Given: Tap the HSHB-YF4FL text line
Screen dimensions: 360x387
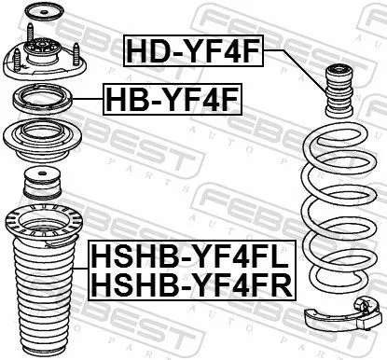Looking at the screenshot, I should (191, 255).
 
